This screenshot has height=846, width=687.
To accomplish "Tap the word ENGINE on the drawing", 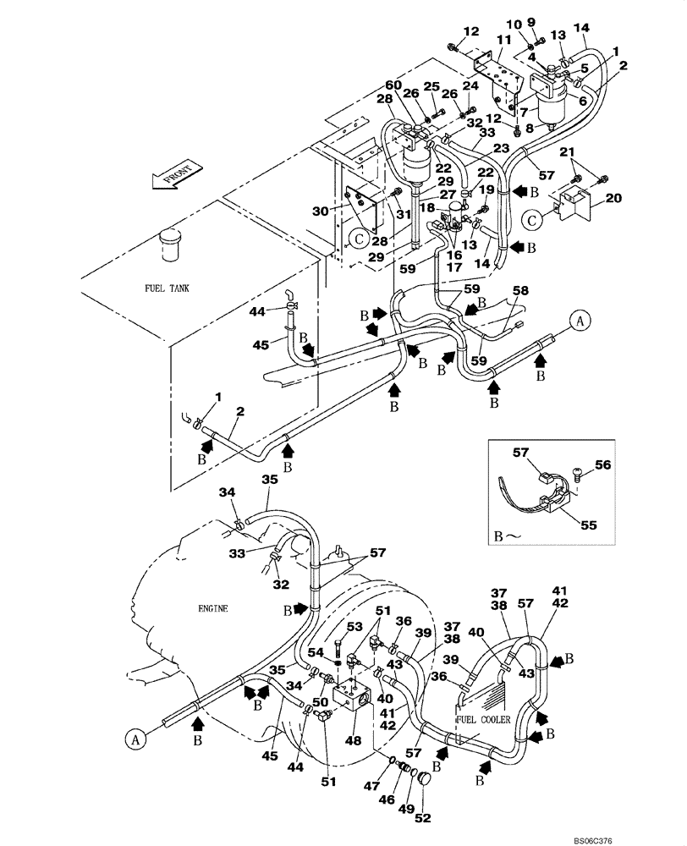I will [215, 607].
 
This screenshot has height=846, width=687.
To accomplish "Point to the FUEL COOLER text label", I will [484, 719].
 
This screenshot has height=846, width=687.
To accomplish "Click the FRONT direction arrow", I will [176, 175].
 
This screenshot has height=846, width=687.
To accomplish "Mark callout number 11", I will [503, 40].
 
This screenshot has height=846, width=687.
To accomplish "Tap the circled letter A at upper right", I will [580, 320].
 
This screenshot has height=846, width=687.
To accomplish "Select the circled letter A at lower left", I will [133, 739].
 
